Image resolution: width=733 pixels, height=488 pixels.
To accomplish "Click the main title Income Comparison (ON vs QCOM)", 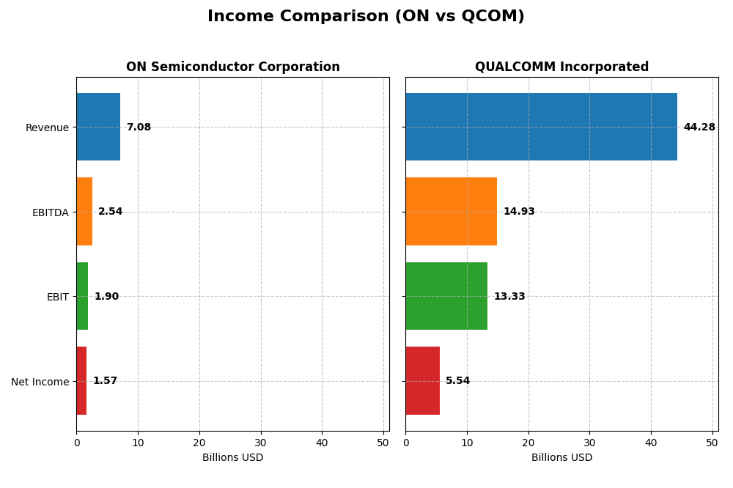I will pyautogui.click(x=366, y=16).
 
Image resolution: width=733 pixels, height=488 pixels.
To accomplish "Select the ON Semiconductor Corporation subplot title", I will pyautogui.click(x=232, y=67).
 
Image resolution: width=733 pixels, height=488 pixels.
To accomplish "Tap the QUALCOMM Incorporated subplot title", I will pyautogui.click(x=561, y=67).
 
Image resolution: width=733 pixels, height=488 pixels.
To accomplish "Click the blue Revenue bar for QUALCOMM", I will pyautogui.click(x=541, y=127).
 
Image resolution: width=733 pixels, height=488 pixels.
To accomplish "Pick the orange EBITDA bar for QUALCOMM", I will pyautogui.click(x=451, y=211).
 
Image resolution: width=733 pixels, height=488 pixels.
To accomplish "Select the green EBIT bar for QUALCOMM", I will pyautogui.click(x=446, y=296).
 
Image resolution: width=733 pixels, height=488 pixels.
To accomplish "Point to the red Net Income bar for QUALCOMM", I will pyautogui.click(x=422, y=380).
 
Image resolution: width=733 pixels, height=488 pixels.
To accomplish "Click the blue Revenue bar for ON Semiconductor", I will pyautogui.click(x=98, y=127).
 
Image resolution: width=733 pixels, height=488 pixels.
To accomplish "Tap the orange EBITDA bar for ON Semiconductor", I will pyautogui.click(x=84, y=211).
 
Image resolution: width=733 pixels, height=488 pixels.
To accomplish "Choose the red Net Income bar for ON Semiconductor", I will pyautogui.click(x=81, y=380).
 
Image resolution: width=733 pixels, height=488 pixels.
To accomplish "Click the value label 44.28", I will pyautogui.click(x=699, y=127).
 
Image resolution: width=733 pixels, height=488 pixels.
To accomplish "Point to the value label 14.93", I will pyautogui.click(x=519, y=212).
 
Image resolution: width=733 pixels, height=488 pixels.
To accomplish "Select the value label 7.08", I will pyautogui.click(x=139, y=127).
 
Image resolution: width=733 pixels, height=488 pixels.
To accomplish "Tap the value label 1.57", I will pyautogui.click(x=105, y=381).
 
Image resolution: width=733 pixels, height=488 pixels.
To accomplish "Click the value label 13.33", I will pyautogui.click(x=509, y=297).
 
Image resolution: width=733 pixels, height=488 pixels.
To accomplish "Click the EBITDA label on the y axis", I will pyautogui.click(x=51, y=212).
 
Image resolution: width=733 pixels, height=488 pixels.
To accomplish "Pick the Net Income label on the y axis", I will pyautogui.click(x=40, y=382).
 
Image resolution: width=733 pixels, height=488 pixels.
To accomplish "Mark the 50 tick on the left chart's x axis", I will pyautogui.click(x=383, y=443).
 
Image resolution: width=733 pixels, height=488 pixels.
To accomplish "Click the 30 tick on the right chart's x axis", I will pyautogui.click(x=589, y=443).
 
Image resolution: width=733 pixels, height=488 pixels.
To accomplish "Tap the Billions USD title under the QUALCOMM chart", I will pyautogui.click(x=561, y=457).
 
